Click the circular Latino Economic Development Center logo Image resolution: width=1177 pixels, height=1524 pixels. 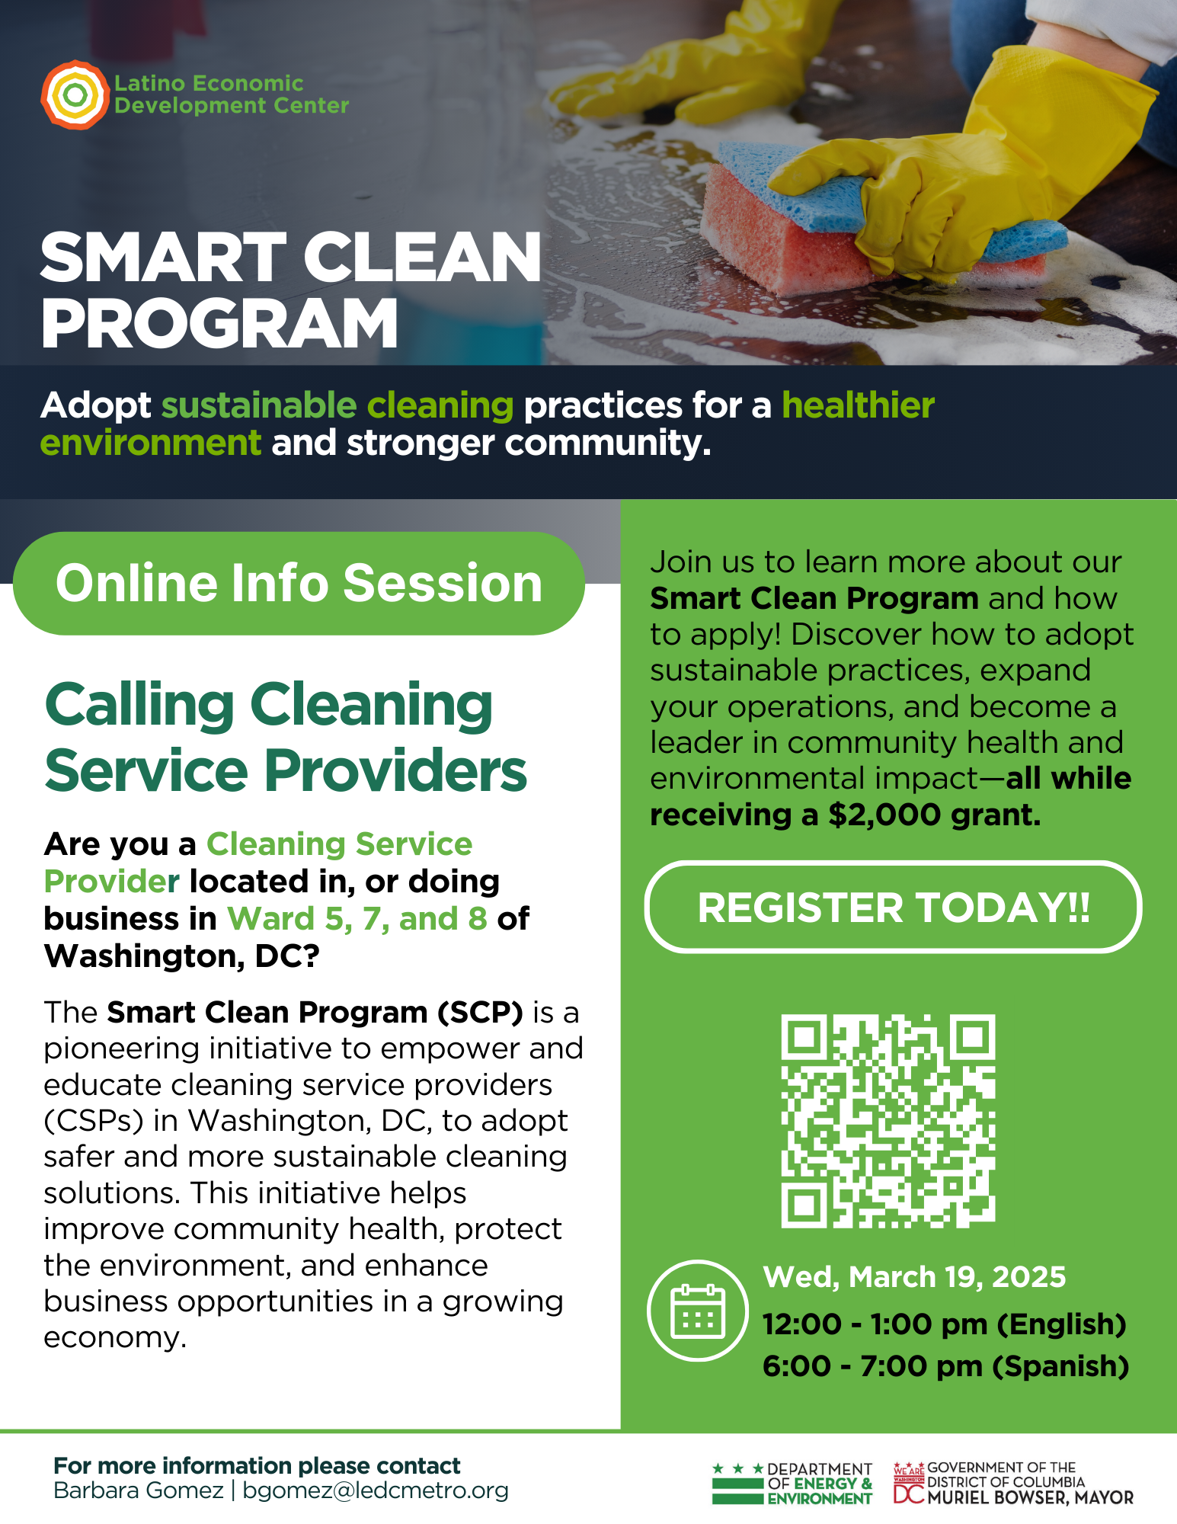[75, 94]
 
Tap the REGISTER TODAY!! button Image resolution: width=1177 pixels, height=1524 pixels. [893, 907]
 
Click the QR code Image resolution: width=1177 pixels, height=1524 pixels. [888, 1120]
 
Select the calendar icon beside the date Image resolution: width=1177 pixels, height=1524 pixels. [697, 1311]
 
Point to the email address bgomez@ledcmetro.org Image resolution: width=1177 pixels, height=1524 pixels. [375, 1490]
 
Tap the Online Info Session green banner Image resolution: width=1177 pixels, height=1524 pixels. [299, 583]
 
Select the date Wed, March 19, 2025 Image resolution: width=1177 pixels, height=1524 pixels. [914, 1276]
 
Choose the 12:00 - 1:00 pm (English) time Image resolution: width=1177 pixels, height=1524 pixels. [945, 1324]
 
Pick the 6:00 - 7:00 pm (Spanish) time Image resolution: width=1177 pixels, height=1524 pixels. [945, 1366]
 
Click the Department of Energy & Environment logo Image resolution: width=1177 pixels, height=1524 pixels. [792, 1483]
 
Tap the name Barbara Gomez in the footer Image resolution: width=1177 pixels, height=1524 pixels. [139, 1490]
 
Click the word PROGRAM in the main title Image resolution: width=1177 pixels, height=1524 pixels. [219, 323]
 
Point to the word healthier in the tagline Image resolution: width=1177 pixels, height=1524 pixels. [859, 405]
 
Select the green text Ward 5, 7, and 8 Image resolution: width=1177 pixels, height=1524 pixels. [357, 918]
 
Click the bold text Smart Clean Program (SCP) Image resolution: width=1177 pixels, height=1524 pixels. [315, 1012]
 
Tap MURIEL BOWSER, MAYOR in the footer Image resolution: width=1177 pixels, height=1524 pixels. [1030, 1497]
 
